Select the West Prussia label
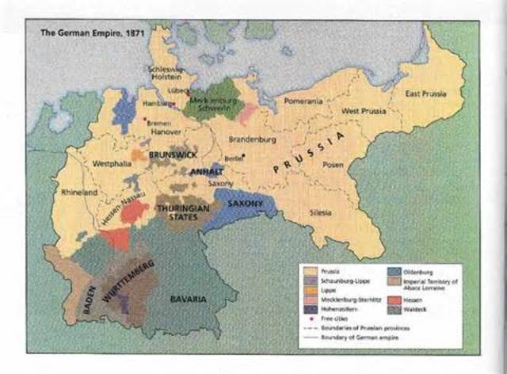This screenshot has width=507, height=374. [x=364, y=111]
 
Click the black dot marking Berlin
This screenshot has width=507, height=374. [x=243, y=155]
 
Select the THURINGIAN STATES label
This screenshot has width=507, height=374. [x=181, y=211]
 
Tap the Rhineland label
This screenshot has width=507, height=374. [x=78, y=192]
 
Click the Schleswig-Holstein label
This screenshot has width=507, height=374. [x=166, y=73]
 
